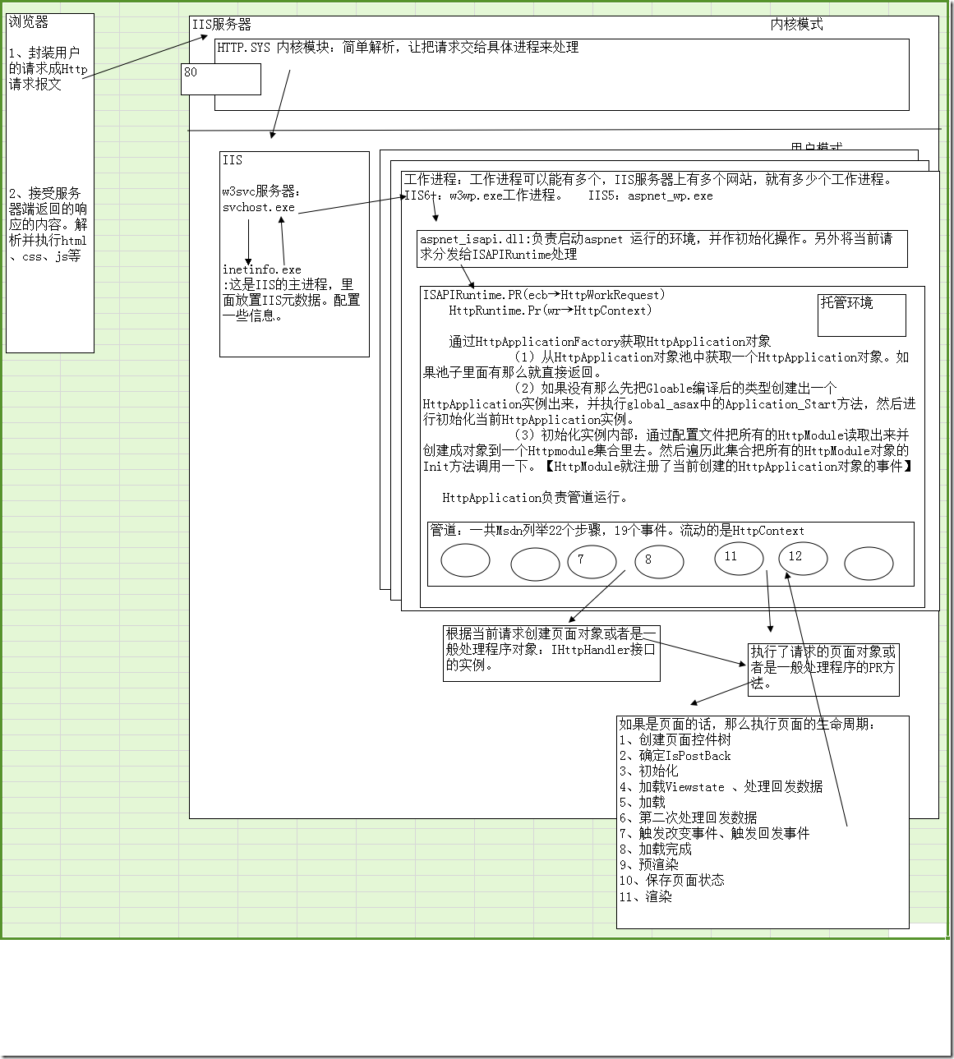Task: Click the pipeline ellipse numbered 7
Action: click(x=592, y=562)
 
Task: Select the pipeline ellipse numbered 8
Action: click(x=659, y=562)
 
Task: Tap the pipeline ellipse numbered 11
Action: click(x=739, y=559)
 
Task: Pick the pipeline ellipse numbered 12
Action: click(x=803, y=559)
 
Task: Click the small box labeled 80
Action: click(x=220, y=79)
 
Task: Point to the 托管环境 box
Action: click(x=861, y=315)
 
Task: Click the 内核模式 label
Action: click(x=796, y=25)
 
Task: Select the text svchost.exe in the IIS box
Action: click(x=258, y=208)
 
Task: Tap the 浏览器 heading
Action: click(x=29, y=22)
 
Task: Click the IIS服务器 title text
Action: click(x=221, y=25)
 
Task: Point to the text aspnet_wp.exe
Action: click(x=670, y=196)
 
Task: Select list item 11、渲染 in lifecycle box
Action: click(x=645, y=896)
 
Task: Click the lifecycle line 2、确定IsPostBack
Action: click(x=675, y=756)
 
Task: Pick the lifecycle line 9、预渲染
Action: click(x=648, y=865)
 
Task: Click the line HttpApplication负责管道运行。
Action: click(x=535, y=498)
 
